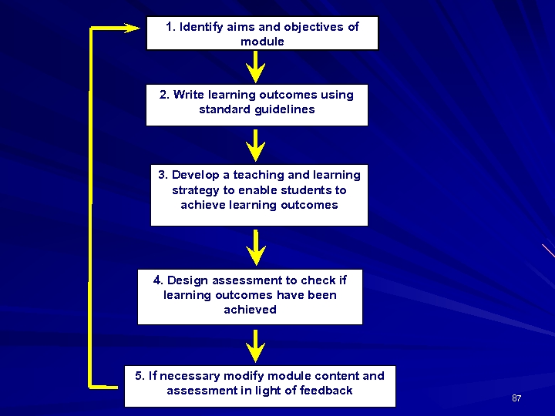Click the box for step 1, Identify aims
[x=262, y=33]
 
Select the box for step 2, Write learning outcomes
[x=257, y=105]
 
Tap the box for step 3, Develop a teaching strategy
[x=259, y=195]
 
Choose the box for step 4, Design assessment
[x=250, y=297]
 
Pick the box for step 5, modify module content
[x=260, y=386]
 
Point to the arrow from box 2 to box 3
[x=255, y=145]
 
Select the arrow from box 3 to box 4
[x=255, y=247]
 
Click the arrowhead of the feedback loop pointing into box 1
[x=132, y=28]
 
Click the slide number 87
[x=516, y=398]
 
